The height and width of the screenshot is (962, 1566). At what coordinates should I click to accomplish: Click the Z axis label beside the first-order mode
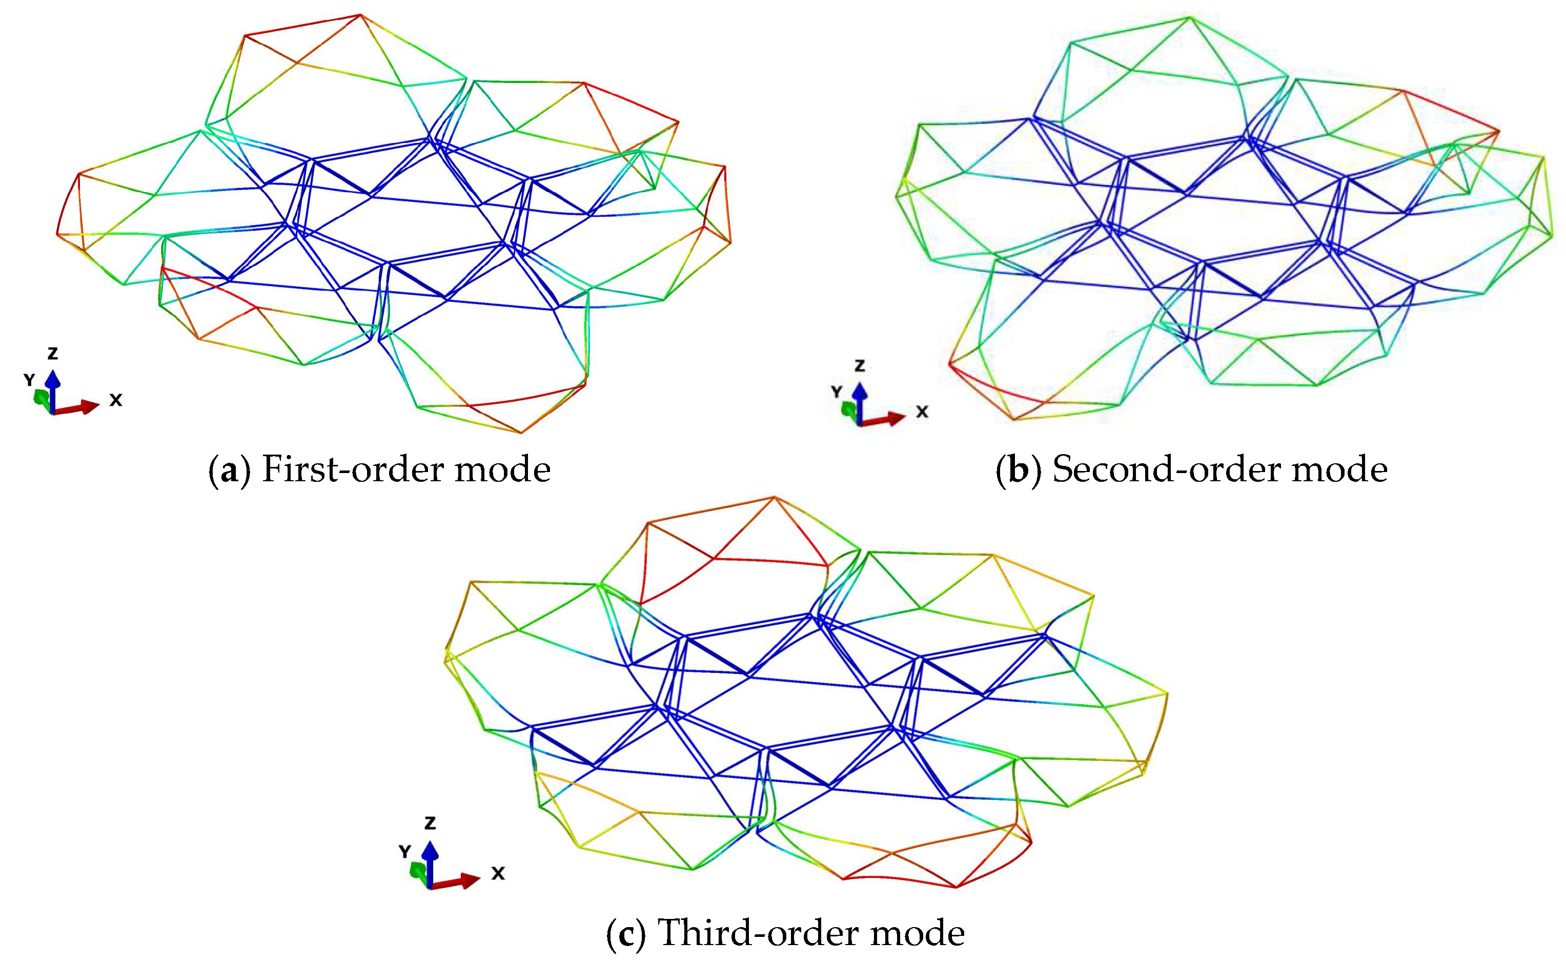click(x=53, y=354)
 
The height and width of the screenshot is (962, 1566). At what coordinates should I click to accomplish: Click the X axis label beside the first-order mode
click(x=115, y=400)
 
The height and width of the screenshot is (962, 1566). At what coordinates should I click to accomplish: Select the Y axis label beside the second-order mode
click(x=837, y=391)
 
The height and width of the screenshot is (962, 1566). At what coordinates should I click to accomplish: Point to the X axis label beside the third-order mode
click(x=498, y=873)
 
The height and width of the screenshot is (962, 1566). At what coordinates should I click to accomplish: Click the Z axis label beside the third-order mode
click(x=430, y=823)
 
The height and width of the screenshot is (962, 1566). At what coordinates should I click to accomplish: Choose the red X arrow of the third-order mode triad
click(x=458, y=882)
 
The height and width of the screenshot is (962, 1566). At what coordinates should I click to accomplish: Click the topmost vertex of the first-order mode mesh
click(x=360, y=15)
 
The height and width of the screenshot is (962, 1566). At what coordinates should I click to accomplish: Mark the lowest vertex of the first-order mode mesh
click(x=522, y=433)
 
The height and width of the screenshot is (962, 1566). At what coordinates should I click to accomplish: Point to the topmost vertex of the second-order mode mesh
click(x=1189, y=17)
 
